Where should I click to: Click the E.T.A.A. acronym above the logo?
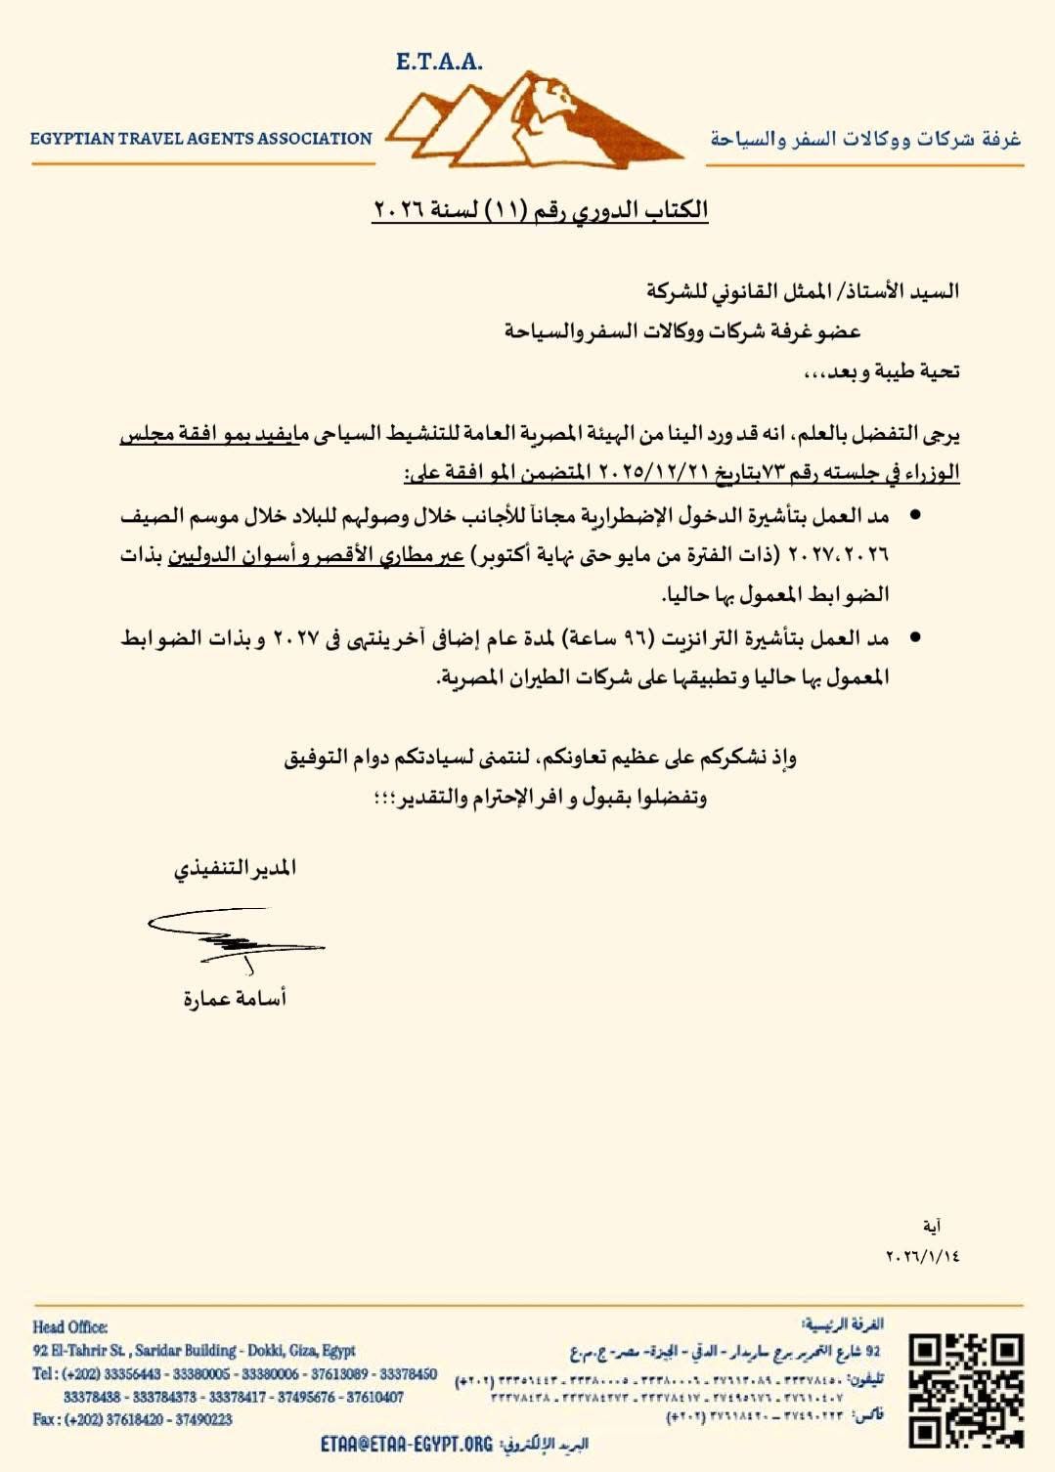[x=439, y=62]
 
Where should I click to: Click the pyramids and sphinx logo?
[x=533, y=121]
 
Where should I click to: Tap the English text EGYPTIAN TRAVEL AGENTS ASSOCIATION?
[x=201, y=139]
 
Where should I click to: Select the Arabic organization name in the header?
[x=865, y=139]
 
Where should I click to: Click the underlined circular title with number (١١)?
[x=540, y=210]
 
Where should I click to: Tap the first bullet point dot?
[x=915, y=514]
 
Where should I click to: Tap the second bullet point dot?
[x=915, y=638]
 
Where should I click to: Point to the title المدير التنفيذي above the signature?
[x=236, y=869]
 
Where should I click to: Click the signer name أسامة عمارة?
[x=235, y=999]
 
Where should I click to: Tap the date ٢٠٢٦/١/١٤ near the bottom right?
[x=922, y=1255]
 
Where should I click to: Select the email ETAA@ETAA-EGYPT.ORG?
[x=407, y=1444]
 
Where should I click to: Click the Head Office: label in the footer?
[x=69, y=1326]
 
